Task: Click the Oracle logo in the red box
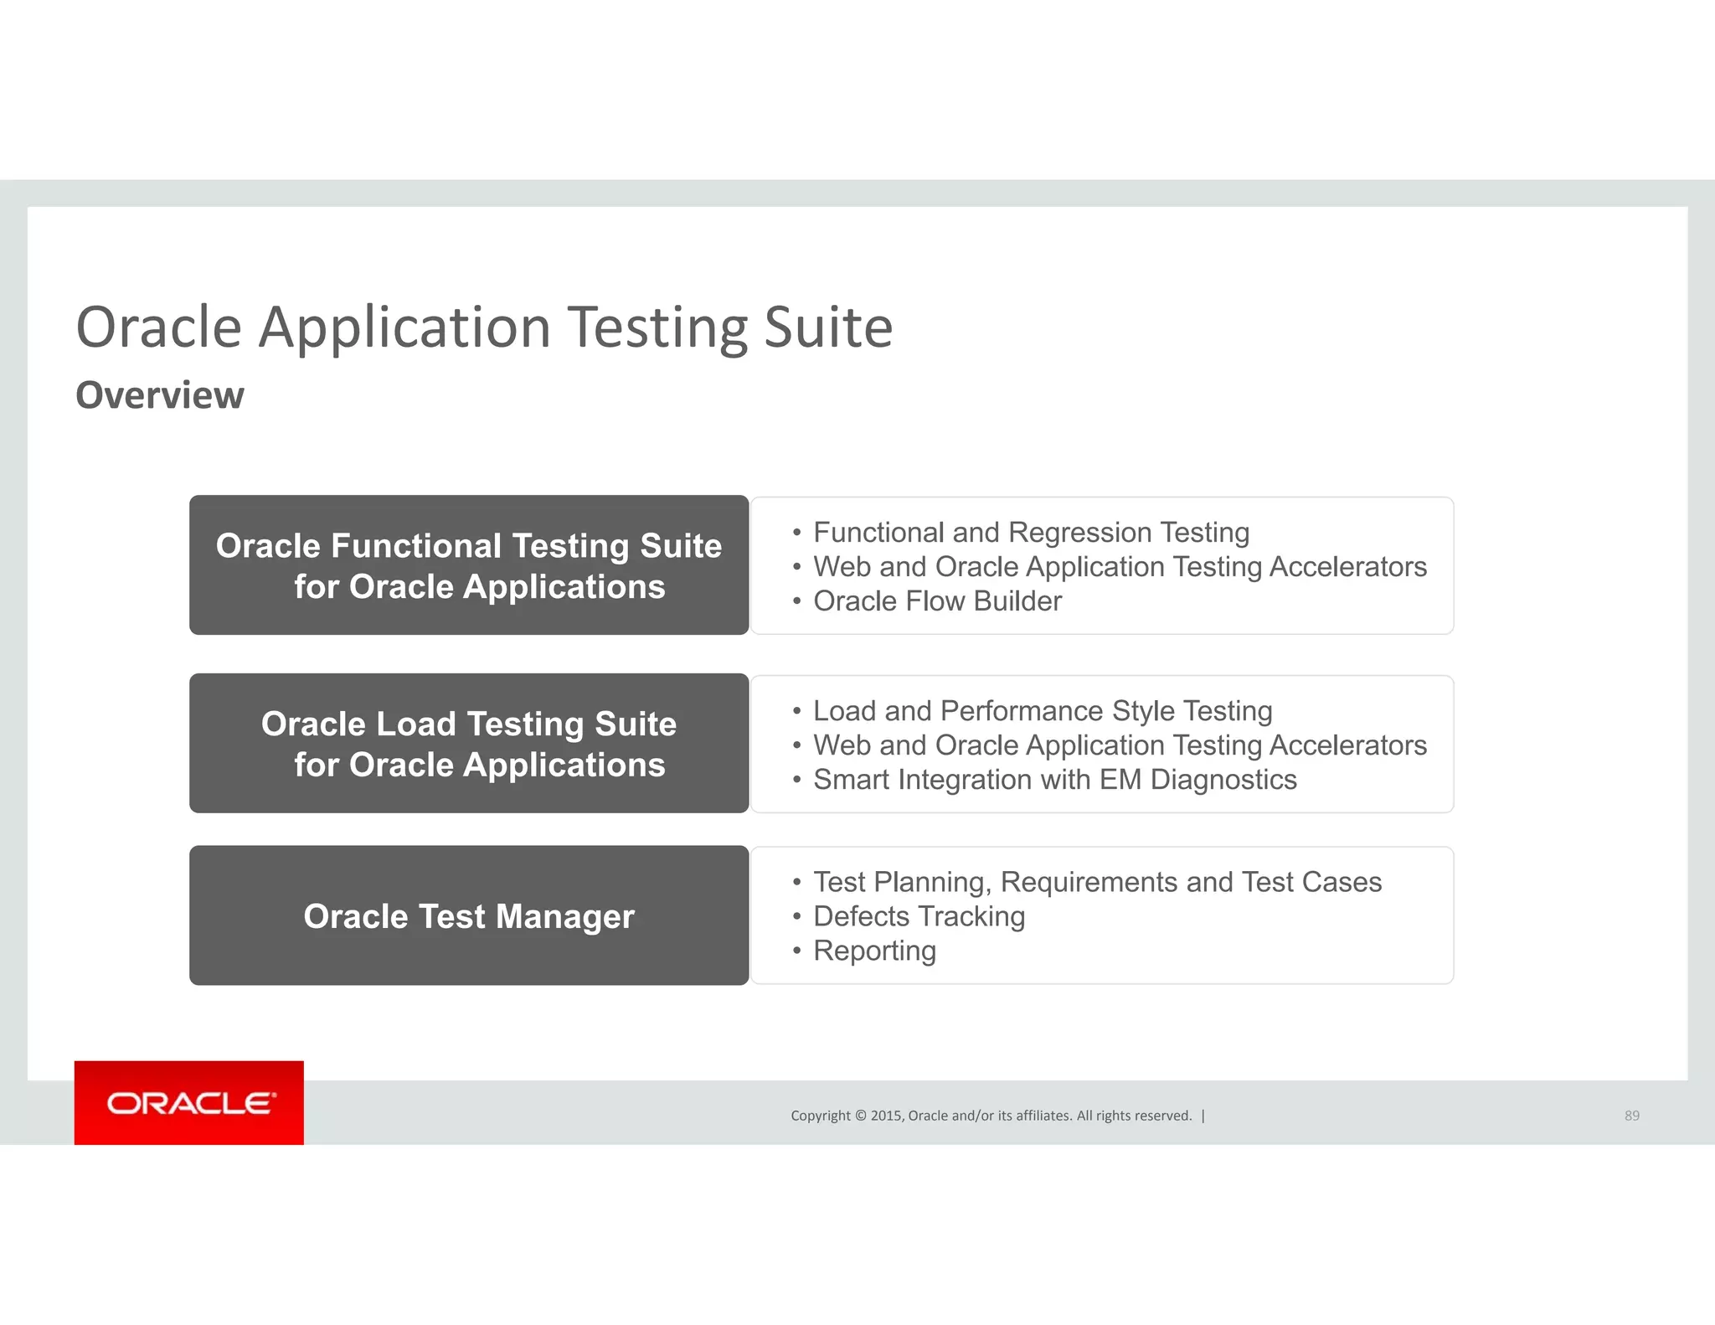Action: coord(189,1103)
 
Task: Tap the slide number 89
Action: coord(1631,1116)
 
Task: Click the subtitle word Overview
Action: coord(160,395)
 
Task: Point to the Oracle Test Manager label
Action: coord(469,916)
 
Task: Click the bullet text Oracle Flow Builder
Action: coord(937,601)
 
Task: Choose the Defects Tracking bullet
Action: coord(919,916)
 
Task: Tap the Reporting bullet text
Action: coord(874,951)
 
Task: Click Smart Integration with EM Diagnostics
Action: coord(1054,780)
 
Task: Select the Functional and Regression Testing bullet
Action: coord(1031,533)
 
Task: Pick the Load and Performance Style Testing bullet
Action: coord(1043,711)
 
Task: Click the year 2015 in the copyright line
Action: coord(886,1116)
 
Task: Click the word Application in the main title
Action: coord(404,327)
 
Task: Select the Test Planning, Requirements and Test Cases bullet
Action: coord(1097,882)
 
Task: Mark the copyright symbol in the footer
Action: coord(860,1116)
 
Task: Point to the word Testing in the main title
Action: coord(657,327)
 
